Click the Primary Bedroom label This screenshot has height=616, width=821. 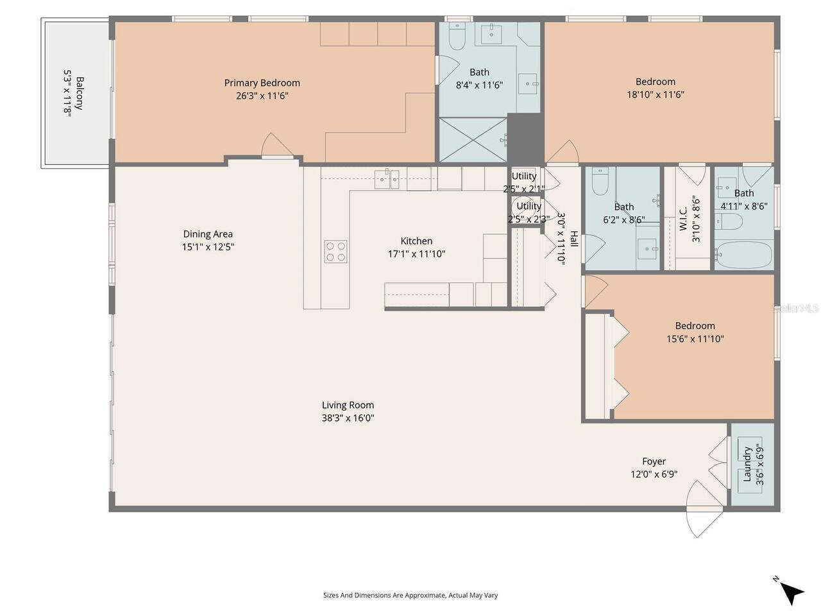(262, 83)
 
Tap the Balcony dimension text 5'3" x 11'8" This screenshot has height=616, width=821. (67, 94)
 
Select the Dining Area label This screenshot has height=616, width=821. (208, 234)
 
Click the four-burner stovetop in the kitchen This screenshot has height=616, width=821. (335, 252)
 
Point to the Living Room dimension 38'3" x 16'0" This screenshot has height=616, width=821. (348, 418)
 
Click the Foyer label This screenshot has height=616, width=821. (654, 461)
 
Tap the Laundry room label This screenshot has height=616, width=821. (747, 464)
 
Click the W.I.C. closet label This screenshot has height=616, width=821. (682, 219)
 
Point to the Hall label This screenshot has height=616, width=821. (574, 239)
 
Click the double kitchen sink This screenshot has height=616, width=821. (387, 179)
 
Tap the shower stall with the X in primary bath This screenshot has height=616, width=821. (473, 140)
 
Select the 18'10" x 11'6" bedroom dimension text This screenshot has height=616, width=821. (656, 94)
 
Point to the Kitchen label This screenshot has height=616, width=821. (416, 241)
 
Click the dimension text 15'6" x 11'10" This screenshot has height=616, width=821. (695, 339)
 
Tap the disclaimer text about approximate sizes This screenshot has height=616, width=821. (410, 595)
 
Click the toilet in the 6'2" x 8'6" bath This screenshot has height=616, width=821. (600, 181)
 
